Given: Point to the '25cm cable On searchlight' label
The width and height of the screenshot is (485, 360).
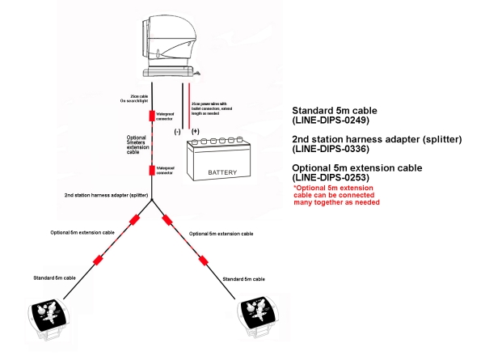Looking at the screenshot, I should click(131, 100).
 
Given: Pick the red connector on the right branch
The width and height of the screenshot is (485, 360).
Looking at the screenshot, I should click(203, 259).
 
